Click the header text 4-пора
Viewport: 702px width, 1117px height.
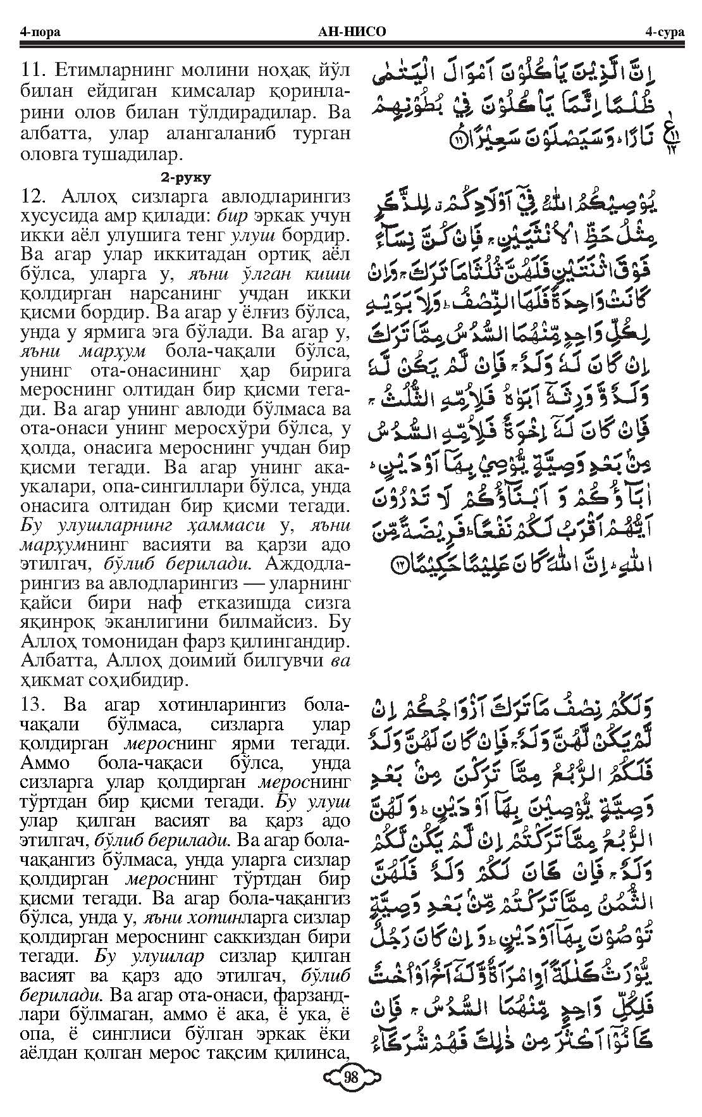click(x=40, y=32)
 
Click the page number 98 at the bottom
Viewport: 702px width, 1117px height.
click(x=350, y=1090)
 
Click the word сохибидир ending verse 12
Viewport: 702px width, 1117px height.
click(x=142, y=681)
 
